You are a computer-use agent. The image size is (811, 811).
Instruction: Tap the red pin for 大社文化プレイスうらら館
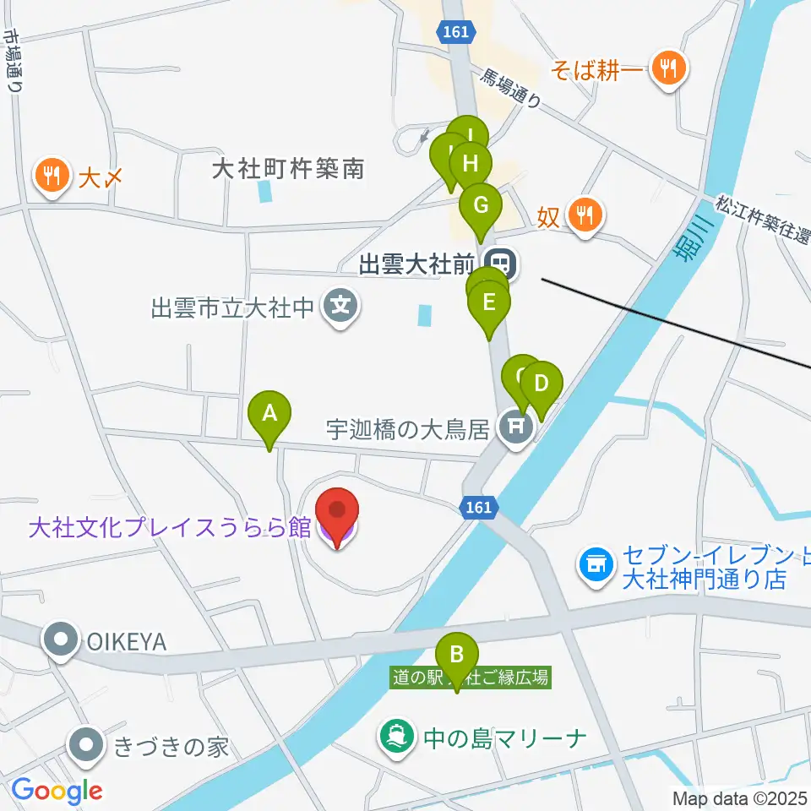(x=337, y=513)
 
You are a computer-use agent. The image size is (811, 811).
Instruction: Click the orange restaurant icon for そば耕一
(x=669, y=68)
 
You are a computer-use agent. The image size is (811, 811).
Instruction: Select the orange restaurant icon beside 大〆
(x=52, y=177)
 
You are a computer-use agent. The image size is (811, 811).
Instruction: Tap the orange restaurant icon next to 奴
(x=583, y=215)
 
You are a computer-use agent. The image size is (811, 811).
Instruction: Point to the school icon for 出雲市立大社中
(x=340, y=306)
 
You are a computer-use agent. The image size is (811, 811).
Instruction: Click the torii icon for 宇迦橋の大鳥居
(x=514, y=429)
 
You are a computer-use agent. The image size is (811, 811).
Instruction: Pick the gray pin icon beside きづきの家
(x=89, y=747)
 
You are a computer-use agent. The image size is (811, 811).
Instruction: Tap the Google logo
(x=57, y=792)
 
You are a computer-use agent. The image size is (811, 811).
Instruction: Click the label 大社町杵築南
(x=287, y=169)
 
